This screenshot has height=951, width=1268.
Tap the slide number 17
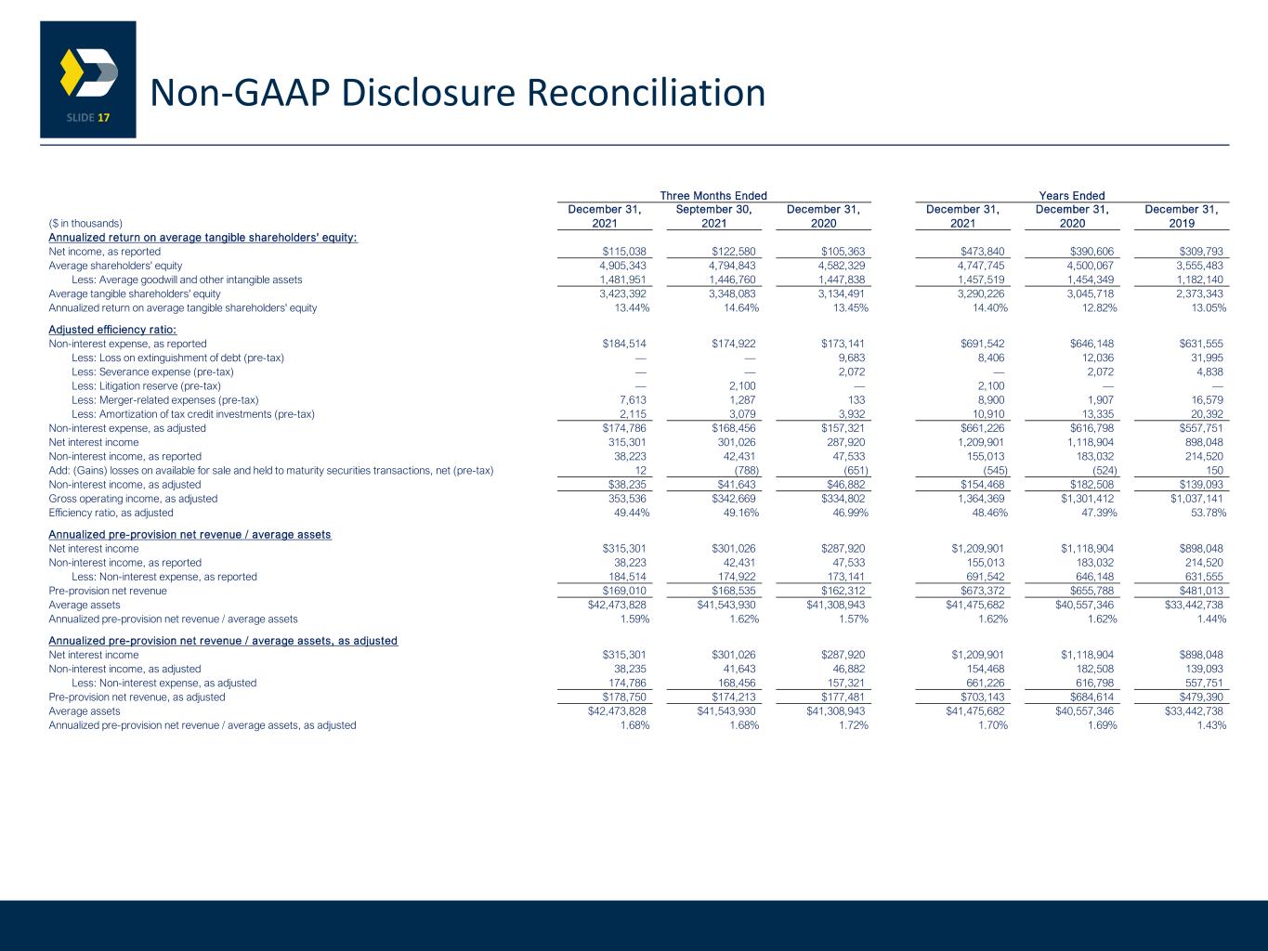[103, 118]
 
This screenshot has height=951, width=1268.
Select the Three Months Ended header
[713, 196]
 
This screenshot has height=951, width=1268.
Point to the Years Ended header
[1072, 196]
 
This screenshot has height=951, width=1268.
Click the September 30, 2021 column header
[714, 216]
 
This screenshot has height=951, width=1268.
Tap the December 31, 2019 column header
[1182, 216]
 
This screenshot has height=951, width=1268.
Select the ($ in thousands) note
[85, 224]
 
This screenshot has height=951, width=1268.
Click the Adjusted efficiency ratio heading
[112, 330]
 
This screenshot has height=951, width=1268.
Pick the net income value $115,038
[624, 252]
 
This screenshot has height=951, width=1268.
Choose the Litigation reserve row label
[146, 385]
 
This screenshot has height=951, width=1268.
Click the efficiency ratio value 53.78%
[1209, 513]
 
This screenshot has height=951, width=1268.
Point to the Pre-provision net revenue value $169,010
[624, 591]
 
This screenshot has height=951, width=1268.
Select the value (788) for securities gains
[746, 471]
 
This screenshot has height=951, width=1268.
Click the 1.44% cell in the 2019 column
[1211, 619]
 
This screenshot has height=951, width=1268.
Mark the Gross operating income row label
[133, 499]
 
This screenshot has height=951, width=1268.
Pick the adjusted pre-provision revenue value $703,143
[982, 697]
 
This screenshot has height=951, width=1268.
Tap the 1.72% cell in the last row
[853, 725]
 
